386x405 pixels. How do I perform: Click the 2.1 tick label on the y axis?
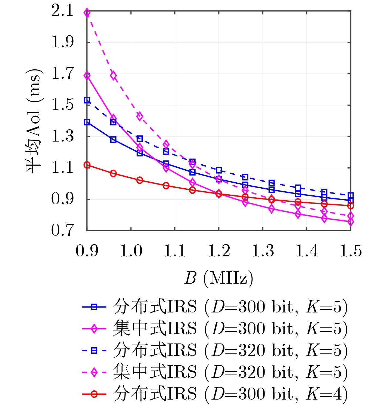pyautogui.click(x=62, y=11)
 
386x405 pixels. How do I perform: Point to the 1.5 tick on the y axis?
pyautogui.click(x=62, y=105)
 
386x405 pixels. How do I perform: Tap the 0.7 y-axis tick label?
pyautogui.click(x=62, y=230)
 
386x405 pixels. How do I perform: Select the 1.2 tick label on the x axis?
pyautogui.click(x=219, y=251)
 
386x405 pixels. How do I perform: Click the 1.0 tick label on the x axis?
pyautogui.click(x=131, y=251)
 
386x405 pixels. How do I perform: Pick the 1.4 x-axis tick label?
pyautogui.click(x=307, y=251)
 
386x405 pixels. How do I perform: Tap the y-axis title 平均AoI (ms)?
pyautogui.click(x=34, y=121)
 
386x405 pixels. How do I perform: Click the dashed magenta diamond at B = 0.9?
pyautogui.click(x=87, y=13)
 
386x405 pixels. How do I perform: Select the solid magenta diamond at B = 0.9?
pyautogui.click(x=87, y=76)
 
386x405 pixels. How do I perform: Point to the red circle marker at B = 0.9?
pyautogui.click(x=87, y=165)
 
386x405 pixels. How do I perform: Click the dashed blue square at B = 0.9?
pyautogui.click(x=87, y=100)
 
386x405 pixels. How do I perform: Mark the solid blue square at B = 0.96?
pyautogui.click(x=113, y=140)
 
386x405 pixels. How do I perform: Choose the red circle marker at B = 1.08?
pyautogui.click(x=166, y=186)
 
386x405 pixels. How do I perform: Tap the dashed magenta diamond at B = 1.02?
pyautogui.click(x=140, y=116)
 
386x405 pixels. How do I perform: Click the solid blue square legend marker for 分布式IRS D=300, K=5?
pyautogui.click(x=94, y=307)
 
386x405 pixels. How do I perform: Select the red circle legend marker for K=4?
pyautogui.click(x=94, y=394)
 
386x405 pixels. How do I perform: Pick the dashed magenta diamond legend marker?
pyautogui.click(x=94, y=372)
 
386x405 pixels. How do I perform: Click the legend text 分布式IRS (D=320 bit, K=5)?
pyautogui.click(x=230, y=351)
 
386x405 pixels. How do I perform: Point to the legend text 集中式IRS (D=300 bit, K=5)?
pyautogui.click(x=230, y=329)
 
